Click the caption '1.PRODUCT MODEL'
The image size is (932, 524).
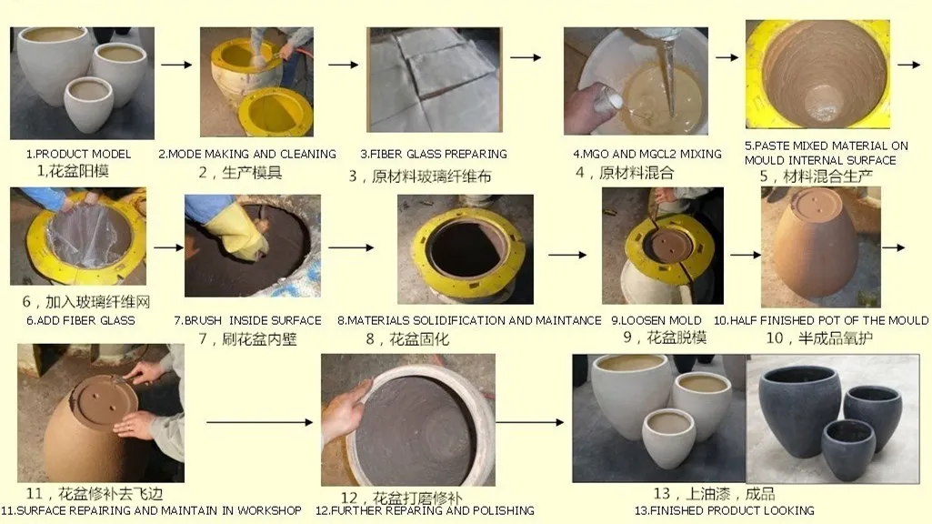point(78,154)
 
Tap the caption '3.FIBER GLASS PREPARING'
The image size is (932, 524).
point(434,154)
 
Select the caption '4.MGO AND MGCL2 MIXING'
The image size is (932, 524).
point(647,154)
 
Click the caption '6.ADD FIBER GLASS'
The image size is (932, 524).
point(81,320)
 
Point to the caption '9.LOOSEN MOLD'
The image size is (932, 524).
point(656,320)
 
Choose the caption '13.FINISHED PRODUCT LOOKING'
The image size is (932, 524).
point(725,510)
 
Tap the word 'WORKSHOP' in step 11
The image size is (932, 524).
point(269,510)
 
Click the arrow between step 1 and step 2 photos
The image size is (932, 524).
point(176,65)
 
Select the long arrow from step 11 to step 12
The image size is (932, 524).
point(260,422)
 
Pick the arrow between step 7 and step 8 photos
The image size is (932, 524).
point(351,247)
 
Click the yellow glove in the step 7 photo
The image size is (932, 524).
point(236,230)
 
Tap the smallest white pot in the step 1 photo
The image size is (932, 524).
point(88,105)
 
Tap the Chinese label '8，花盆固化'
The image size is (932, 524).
point(407,339)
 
